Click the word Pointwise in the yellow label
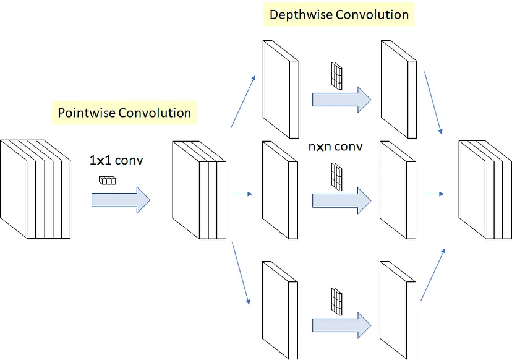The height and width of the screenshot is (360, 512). pos(87,113)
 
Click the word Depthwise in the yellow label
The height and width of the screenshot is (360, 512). pos(301,15)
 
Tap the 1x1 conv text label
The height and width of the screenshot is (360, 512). pos(116,160)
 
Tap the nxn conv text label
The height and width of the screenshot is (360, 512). pos(335,147)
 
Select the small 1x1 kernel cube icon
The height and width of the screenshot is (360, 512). pos(108,180)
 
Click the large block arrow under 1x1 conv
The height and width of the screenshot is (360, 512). pos(121,200)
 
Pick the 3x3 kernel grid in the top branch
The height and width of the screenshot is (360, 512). pos(336,76)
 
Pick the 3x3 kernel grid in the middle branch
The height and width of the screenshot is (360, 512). pos(336,177)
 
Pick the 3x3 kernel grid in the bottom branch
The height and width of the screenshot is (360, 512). pos(336,301)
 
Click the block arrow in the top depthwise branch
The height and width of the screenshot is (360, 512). pos(341,100)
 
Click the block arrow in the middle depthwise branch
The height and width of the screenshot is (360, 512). pos(341,200)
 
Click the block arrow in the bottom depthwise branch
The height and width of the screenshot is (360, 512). pos(341,325)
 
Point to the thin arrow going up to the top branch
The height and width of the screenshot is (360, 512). pos(243,101)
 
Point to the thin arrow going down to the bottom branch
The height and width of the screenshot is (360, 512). pos(241,273)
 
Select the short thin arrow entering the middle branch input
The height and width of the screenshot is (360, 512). pos(242,194)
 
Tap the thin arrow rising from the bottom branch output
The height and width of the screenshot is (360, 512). pos(433,275)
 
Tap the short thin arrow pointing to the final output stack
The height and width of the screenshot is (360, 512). pos(434,194)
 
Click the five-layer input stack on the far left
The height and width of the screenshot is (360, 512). pos(35,189)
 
